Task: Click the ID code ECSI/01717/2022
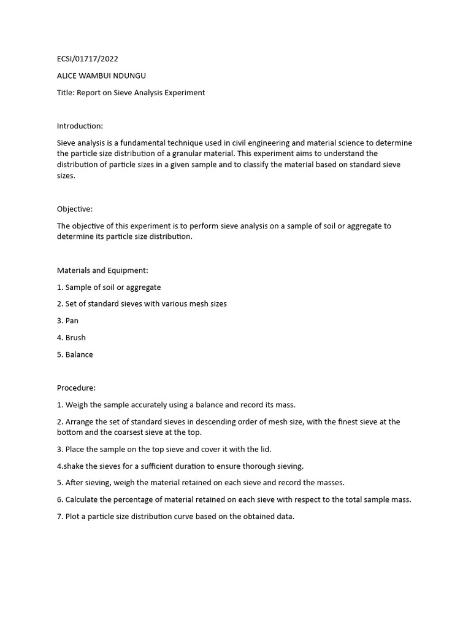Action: click(88, 59)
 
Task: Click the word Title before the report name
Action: click(66, 93)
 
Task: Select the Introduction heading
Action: click(80, 126)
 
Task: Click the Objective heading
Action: click(75, 209)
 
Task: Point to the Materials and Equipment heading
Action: click(102, 270)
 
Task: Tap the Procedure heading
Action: click(77, 388)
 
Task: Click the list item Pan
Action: click(72, 321)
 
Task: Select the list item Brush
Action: click(75, 337)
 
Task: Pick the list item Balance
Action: click(79, 354)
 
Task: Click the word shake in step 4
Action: click(75, 466)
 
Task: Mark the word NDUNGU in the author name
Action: click(132, 76)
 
